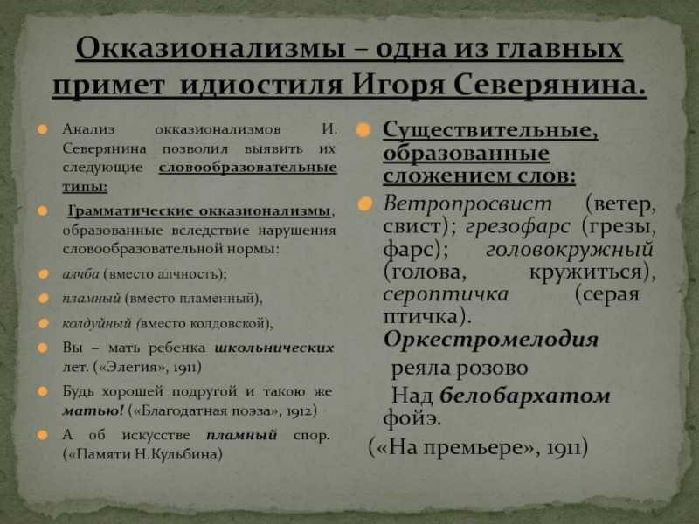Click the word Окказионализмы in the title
pos(210,47)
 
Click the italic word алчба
pos(80,273)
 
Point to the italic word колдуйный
pos(97,323)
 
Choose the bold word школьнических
pos(274,348)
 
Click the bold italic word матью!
pos(93,410)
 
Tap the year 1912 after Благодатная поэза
pos(301,410)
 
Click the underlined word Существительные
pos(490,130)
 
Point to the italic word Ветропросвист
pos(467,204)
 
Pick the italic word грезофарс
pos(518,227)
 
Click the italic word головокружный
pos(570,250)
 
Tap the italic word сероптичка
pos(446,294)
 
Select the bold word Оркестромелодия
pos(491,340)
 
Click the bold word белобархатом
pos(525,396)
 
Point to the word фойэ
pos(412,418)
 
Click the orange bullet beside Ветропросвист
pos(364,204)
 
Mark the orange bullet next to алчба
pos(43,273)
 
